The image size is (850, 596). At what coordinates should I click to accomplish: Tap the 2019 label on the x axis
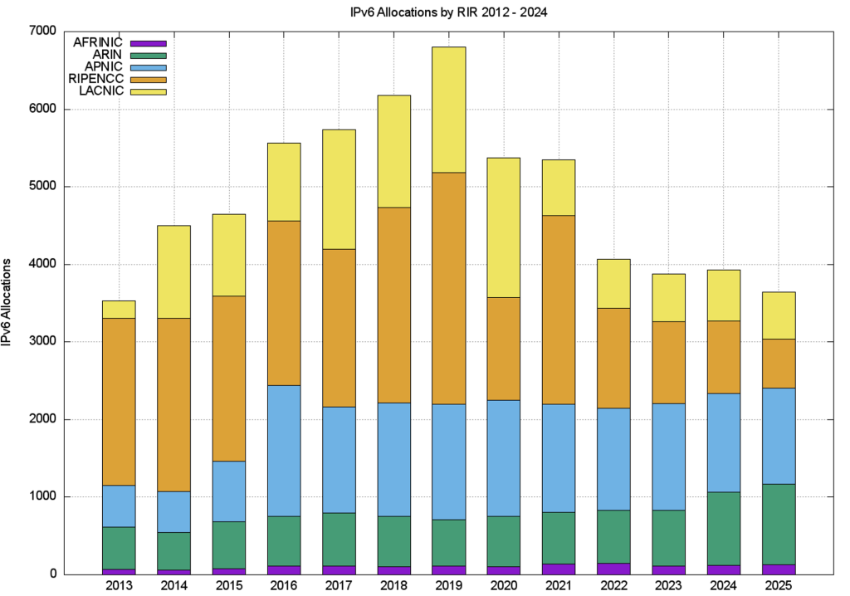[448, 586]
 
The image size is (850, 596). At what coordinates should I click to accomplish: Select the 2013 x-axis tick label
[119, 586]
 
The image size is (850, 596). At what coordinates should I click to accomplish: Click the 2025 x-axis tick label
[779, 586]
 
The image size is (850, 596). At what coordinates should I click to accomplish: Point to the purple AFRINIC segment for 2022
[613, 569]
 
